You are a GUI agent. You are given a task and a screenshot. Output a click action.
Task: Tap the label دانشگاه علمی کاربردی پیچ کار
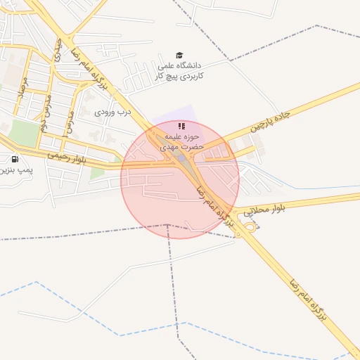179,70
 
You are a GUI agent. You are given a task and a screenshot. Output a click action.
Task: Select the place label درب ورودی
113,111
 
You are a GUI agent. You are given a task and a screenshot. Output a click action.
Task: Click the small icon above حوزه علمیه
181,126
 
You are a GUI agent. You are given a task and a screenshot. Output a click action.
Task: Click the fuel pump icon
15,159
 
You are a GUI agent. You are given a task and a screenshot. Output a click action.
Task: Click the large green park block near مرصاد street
25,133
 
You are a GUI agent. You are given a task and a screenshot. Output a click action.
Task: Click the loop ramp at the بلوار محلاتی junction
249,226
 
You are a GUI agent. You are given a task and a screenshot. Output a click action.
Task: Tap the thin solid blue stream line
309,188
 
